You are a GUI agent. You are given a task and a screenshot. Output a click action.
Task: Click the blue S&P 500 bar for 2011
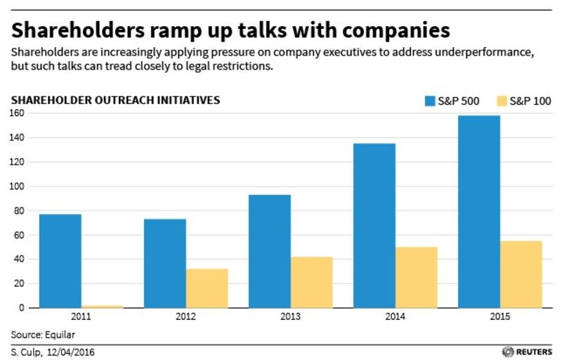coord(60,261)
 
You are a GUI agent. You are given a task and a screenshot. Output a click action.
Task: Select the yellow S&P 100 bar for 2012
coord(207,288)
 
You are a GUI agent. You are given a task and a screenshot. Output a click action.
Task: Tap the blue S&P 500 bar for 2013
coord(270,251)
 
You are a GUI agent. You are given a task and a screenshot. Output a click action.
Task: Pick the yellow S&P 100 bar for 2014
coord(417,277)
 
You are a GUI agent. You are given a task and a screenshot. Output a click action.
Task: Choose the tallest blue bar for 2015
coord(479,212)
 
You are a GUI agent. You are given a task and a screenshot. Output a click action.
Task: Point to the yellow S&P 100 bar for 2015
coord(521,274)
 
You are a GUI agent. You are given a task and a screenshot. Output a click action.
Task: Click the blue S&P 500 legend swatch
coord(430,101)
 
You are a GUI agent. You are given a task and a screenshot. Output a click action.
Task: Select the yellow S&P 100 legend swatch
coord(502,101)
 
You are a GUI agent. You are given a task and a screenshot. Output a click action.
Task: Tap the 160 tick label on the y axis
coord(16,113)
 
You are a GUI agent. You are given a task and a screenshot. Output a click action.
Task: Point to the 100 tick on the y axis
coord(16,186)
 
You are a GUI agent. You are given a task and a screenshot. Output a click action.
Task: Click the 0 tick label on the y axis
coord(22,308)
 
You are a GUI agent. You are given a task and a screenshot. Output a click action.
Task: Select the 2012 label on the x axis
coord(185,316)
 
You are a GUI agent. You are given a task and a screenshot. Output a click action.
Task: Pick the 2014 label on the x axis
coord(396,316)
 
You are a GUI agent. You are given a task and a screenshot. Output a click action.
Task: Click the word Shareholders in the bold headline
coord(78,30)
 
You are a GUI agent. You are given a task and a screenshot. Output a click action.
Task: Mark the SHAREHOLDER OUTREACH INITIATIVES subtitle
coord(115,100)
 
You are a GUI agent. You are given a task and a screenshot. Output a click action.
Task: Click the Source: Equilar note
coord(43,335)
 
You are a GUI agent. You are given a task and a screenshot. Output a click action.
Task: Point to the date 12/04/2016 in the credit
coord(71,352)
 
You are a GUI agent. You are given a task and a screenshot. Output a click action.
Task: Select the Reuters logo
coord(528,352)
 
